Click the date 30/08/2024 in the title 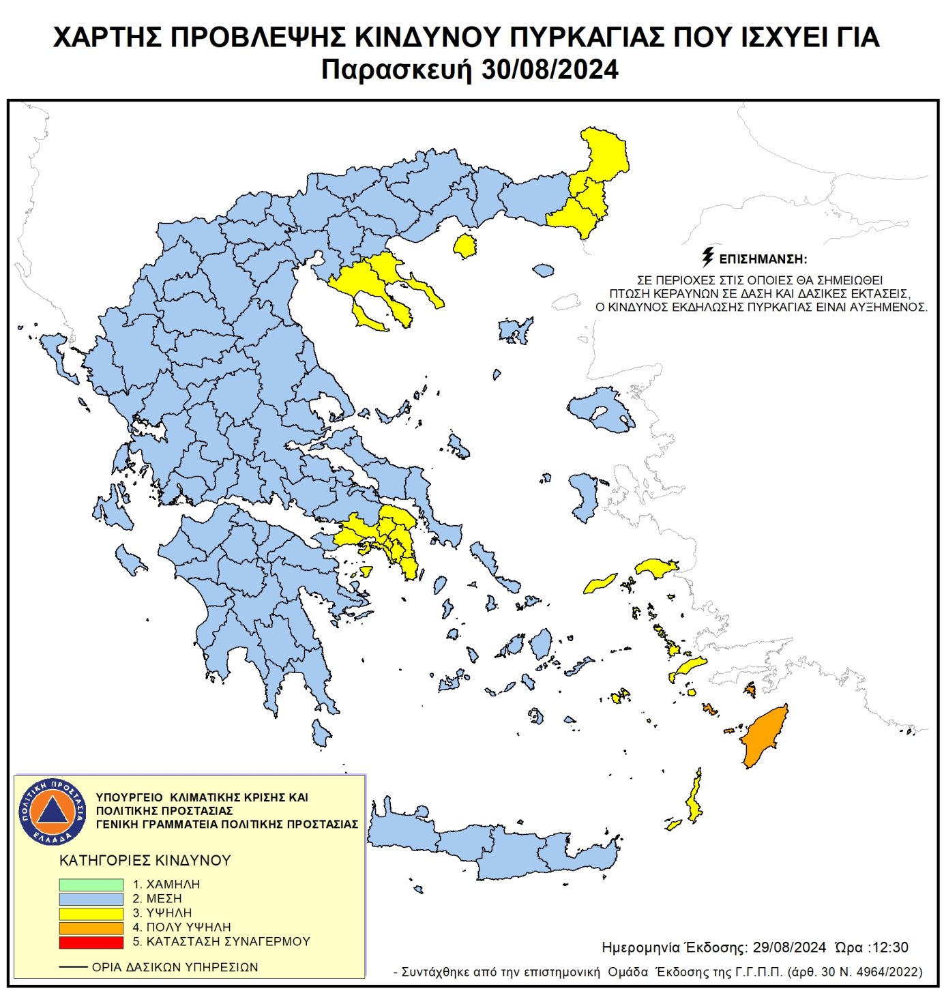550,70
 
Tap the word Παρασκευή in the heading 396,70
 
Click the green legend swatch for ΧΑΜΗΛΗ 91,885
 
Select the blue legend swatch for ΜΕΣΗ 91,899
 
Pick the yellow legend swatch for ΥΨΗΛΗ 91,913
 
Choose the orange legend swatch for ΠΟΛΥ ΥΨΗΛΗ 91,928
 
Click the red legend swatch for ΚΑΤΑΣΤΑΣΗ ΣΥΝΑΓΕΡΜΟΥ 91,942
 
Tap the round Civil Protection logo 53,811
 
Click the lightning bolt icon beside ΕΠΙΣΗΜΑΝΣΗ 708,257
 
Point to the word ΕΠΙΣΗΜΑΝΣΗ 763,259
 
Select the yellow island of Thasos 465,246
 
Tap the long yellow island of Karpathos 695,798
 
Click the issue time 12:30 891,947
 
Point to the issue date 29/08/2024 789,947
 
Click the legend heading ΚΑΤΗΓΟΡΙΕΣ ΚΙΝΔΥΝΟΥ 145,860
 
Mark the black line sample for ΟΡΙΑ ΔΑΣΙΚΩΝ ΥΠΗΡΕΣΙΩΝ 73,967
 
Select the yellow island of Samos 656,567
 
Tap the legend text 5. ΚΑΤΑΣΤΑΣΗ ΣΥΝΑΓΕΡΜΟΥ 221,942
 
